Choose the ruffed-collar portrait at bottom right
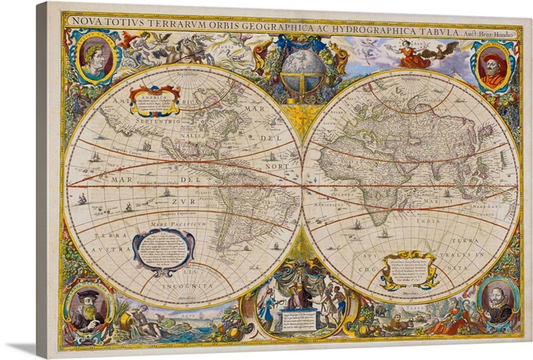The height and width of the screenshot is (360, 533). coord(497,303)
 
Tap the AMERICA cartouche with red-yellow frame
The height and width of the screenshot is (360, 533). coord(155,101)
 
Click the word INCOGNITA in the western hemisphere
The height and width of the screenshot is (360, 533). coord(189,285)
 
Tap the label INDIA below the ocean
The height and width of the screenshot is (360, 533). coord(424,221)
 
